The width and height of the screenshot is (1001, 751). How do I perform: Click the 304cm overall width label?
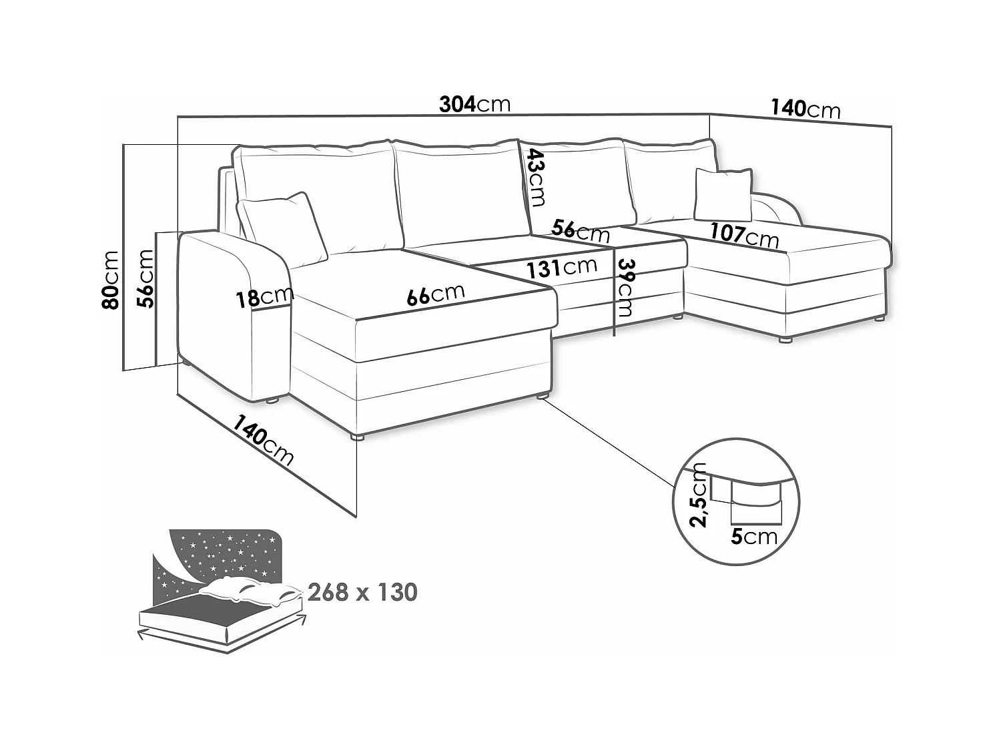coord(474,104)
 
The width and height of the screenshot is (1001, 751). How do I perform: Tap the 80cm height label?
coord(110,280)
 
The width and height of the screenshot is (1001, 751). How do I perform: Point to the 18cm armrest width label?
coord(264,297)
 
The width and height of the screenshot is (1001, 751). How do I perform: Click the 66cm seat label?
coord(435,294)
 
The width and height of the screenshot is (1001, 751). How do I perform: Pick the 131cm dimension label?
coord(561,268)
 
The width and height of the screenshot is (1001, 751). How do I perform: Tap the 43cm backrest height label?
coord(535,177)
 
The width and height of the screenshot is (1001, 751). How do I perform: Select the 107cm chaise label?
coord(743,234)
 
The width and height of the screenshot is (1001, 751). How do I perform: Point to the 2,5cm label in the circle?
coord(699,494)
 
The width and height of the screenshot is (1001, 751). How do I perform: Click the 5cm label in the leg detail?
coord(753,536)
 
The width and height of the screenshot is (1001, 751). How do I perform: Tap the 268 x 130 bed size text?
coord(362,592)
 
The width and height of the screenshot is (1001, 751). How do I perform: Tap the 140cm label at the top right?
coord(805,108)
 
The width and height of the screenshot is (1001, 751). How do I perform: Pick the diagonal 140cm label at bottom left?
coord(262,439)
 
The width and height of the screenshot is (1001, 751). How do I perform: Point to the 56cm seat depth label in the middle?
coord(580,231)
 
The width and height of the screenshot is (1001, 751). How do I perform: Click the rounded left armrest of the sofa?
coord(234,314)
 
